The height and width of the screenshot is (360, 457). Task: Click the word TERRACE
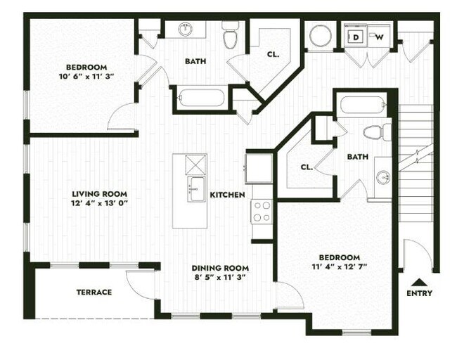click(x=94, y=292)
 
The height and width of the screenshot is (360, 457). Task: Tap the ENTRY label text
click(x=419, y=293)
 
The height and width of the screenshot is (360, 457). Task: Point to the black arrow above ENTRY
click(x=419, y=281)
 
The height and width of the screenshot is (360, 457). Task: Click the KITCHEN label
click(x=228, y=195)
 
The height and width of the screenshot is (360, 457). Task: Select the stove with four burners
click(x=262, y=210)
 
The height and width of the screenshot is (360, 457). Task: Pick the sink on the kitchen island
click(x=196, y=188)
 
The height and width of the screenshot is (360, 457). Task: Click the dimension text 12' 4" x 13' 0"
click(x=98, y=204)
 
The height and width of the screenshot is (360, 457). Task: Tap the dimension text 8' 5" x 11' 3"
click(x=220, y=277)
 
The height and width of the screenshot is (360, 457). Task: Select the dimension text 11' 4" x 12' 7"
click(x=340, y=267)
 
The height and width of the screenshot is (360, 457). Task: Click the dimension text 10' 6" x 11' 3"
click(x=83, y=77)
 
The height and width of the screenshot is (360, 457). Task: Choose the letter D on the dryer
click(x=356, y=37)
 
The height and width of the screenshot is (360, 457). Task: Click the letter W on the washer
click(x=378, y=37)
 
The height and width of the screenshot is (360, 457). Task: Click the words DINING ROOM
click(x=220, y=268)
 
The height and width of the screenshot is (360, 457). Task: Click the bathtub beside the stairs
click(x=362, y=107)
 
